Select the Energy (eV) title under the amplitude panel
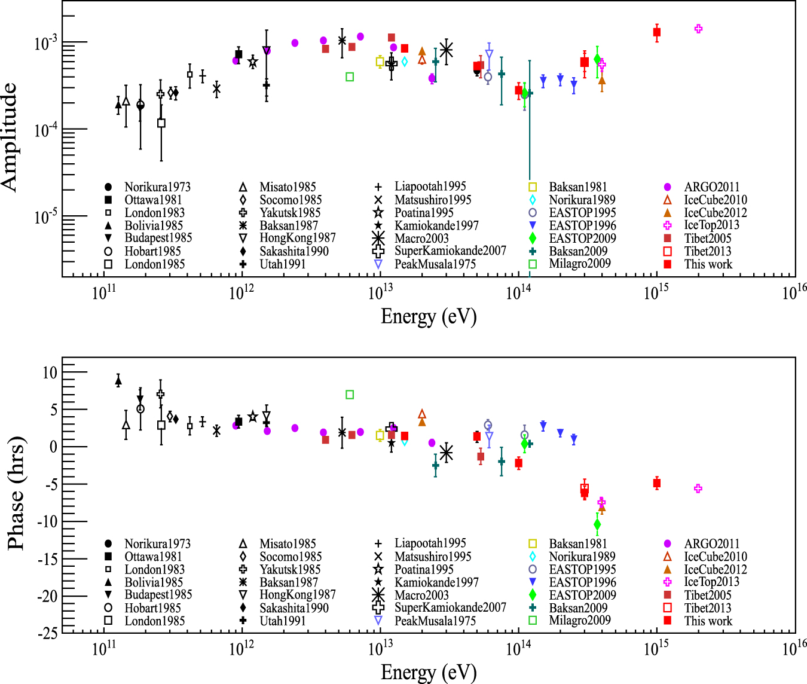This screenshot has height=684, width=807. pyautogui.click(x=429, y=316)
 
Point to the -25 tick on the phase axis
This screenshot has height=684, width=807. pyautogui.click(x=47, y=633)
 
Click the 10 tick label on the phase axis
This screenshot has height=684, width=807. pyautogui.click(x=50, y=372)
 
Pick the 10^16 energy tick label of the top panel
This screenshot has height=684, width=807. pyautogui.click(x=794, y=292)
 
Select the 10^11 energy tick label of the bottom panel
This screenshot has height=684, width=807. pyautogui.click(x=103, y=649)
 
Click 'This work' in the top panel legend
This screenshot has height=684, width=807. pyautogui.click(x=708, y=264)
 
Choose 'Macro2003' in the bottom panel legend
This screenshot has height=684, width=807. pyautogui.click(x=421, y=595)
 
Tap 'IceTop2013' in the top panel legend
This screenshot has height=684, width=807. pyautogui.click(x=711, y=225)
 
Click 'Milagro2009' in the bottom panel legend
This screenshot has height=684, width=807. pyautogui.click(x=580, y=620)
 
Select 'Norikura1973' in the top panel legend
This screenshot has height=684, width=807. pyautogui.click(x=157, y=187)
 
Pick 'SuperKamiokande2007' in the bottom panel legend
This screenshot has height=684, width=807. pyautogui.click(x=450, y=607)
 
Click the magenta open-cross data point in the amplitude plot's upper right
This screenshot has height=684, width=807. pyautogui.click(x=698, y=29)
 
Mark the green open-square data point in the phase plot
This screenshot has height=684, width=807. pyautogui.click(x=350, y=395)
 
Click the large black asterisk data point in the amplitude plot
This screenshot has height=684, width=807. pyautogui.click(x=446, y=50)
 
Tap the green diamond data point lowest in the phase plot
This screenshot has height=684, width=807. pyautogui.click(x=597, y=525)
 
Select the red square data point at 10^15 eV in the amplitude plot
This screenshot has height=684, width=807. pyautogui.click(x=657, y=32)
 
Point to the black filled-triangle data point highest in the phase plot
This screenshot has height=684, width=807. pyautogui.click(x=118, y=380)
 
